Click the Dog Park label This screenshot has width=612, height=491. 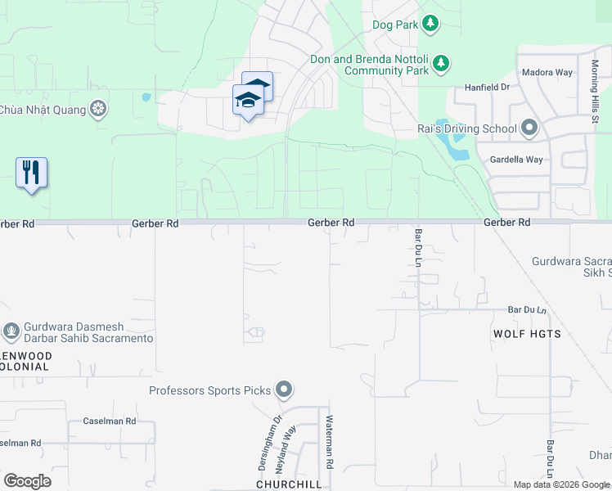(x=395, y=25)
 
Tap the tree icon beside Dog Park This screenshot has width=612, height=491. (x=430, y=24)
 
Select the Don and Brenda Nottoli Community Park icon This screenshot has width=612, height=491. (x=441, y=63)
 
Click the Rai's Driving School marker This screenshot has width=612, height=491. (x=529, y=128)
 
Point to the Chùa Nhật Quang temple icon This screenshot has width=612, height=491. (x=98, y=109)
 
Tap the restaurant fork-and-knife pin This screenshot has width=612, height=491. (x=31, y=173)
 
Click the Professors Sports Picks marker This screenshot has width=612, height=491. (x=284, y=390)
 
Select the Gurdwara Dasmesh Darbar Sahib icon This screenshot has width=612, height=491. (x=11, y=331)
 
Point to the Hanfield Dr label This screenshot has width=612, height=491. (x=487, y=86)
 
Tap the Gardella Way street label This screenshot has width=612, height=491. (x=515, y=160)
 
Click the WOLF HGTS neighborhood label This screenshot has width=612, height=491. (x=527, y=334)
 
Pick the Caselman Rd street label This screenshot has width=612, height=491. (x=110, y=421)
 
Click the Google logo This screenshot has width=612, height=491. (x=27, y=481)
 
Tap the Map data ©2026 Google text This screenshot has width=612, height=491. (x=560, y=484)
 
